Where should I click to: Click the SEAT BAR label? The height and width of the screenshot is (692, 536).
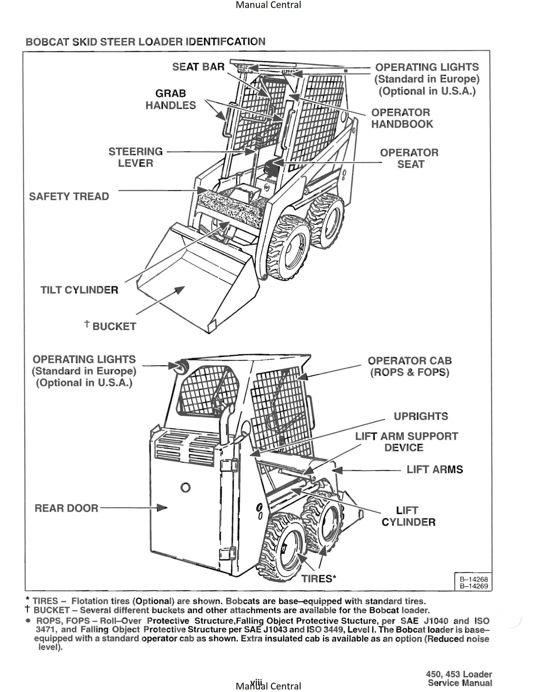click(198, 67)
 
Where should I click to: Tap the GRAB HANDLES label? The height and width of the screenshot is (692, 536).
click(170, 99)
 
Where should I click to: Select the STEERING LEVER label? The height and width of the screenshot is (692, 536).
click(135, 157)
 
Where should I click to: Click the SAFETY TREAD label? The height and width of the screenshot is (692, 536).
click(69, 196)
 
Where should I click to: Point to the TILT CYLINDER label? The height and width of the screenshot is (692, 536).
click(79, 290)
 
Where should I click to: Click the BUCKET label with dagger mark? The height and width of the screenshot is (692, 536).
click(111, 326)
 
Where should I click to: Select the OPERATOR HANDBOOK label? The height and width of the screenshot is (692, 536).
click(402, 118)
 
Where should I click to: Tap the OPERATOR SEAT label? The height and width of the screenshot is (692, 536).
click(409, 158)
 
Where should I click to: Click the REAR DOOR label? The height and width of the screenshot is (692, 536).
click(66, 508)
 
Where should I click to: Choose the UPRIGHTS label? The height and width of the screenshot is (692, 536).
click(421, 416)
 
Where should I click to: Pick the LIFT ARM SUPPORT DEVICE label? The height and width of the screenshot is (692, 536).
click(406, 442)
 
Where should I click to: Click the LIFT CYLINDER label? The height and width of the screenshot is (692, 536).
click(408, 516)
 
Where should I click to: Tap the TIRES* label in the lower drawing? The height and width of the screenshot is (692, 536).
click(319, 578)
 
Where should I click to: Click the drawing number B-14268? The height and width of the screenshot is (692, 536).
click(474, 579)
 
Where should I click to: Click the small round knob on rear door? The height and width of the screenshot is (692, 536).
click(185, 488)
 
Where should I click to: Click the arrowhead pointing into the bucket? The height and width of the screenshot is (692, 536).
click(180, 289)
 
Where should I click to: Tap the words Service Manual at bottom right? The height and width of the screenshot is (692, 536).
click(460, 683)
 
